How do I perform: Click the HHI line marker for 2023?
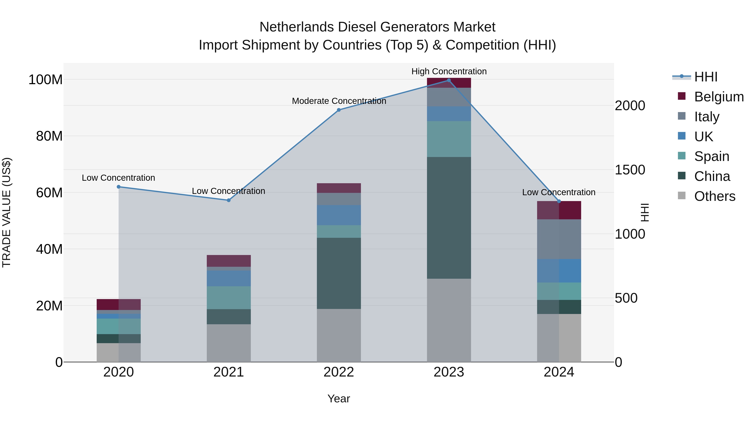(449, 80)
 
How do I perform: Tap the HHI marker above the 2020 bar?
(119, 187)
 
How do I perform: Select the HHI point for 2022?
(339, 110)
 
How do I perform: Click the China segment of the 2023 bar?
(449, 218)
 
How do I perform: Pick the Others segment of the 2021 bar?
(229, 343)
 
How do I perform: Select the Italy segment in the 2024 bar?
(559, 239)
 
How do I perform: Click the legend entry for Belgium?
(719, 97)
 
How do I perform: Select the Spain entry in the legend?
(711, 156)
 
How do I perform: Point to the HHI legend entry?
(706, 77)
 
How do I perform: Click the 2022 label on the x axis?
(339, 372)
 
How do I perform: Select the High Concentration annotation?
(449, 71)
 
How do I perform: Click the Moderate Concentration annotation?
(339, 101)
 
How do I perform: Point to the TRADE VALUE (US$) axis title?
(7, 212)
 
